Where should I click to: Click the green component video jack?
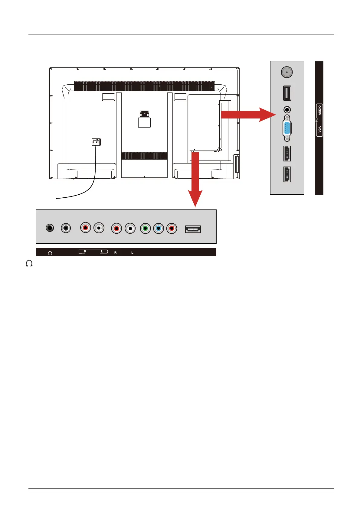click(x=146, y=228)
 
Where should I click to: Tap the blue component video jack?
click(x=159, y=228)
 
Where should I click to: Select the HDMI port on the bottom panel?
click(x=193, y=229)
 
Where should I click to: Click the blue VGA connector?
click(x=287, y=128)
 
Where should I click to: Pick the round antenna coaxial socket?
click(x=286, y=73)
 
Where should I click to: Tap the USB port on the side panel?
click(x=287, y=93)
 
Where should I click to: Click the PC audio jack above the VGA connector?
click(x=287, y=109)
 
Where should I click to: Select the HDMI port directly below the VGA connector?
click(x=287, y=153)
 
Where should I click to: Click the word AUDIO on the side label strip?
click(x=319, y=110)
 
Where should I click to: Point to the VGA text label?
click(x=319, y=130)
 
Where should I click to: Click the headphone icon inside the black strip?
click(x=50, y=253)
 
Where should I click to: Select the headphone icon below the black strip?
click(x=29, y=264)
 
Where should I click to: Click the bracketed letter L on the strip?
click(x=102, y=251)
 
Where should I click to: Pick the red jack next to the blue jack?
click(x=172, y=228)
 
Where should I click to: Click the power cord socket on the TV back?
click(x=96, y=142)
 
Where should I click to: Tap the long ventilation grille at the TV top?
click(x=144, y=86)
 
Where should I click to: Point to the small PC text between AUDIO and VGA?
click(x=316, y=120)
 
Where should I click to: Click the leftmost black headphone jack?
click(x=50, y=228)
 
